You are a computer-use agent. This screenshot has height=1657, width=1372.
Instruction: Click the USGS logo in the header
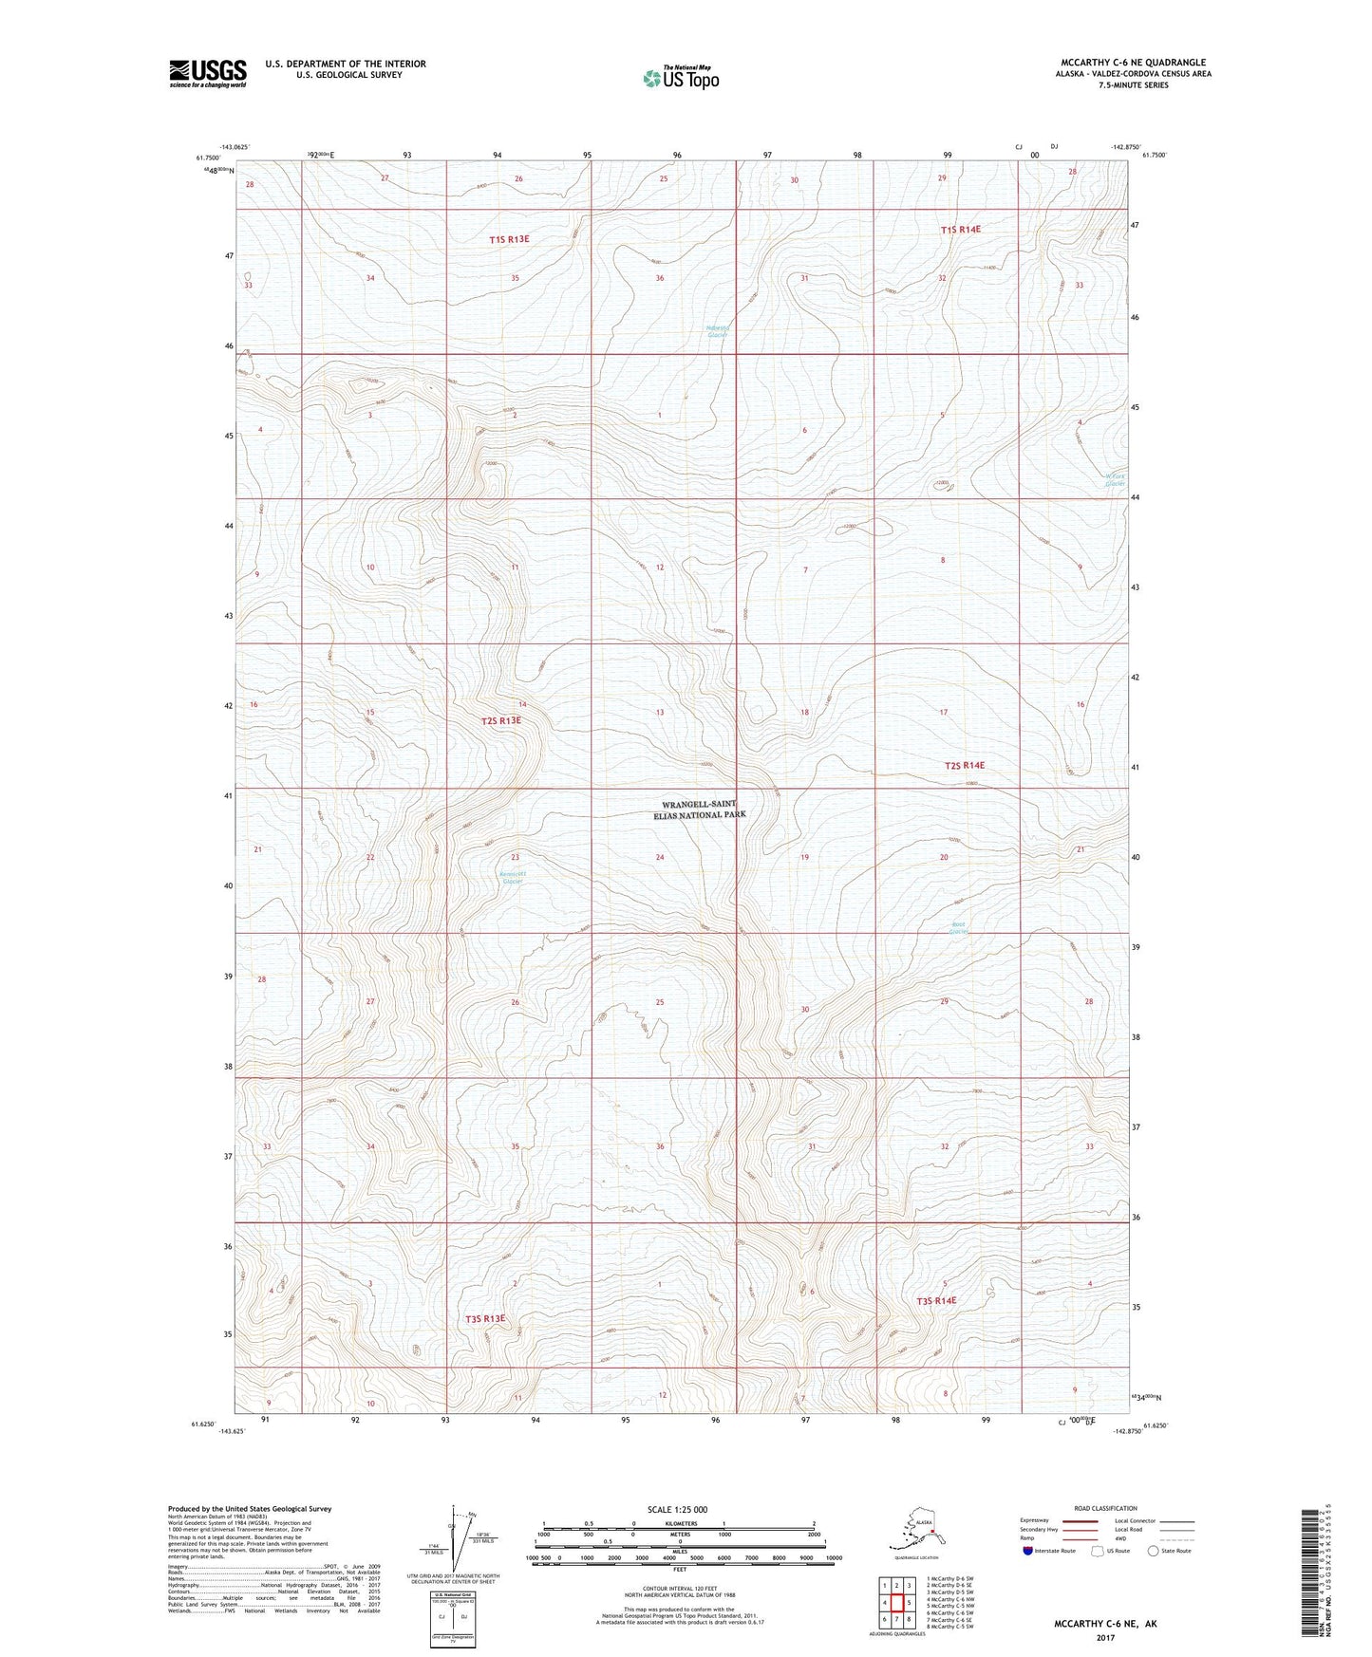pyautogui.click(x=207, y=73)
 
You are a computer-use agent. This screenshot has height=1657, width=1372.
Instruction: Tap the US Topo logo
pyautogui.click(x=680, y=78)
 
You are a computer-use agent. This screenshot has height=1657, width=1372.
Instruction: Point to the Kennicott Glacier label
pyautogui.click(x=512, y=877)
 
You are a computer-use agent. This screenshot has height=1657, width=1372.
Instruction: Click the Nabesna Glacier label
pyautogui.click(x=717, y=331)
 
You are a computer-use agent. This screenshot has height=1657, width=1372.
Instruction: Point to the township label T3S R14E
pyautogui.click(x=935, y=1300)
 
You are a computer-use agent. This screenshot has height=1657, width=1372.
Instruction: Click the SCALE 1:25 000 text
pyautogui.click(x=677, y=1509)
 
